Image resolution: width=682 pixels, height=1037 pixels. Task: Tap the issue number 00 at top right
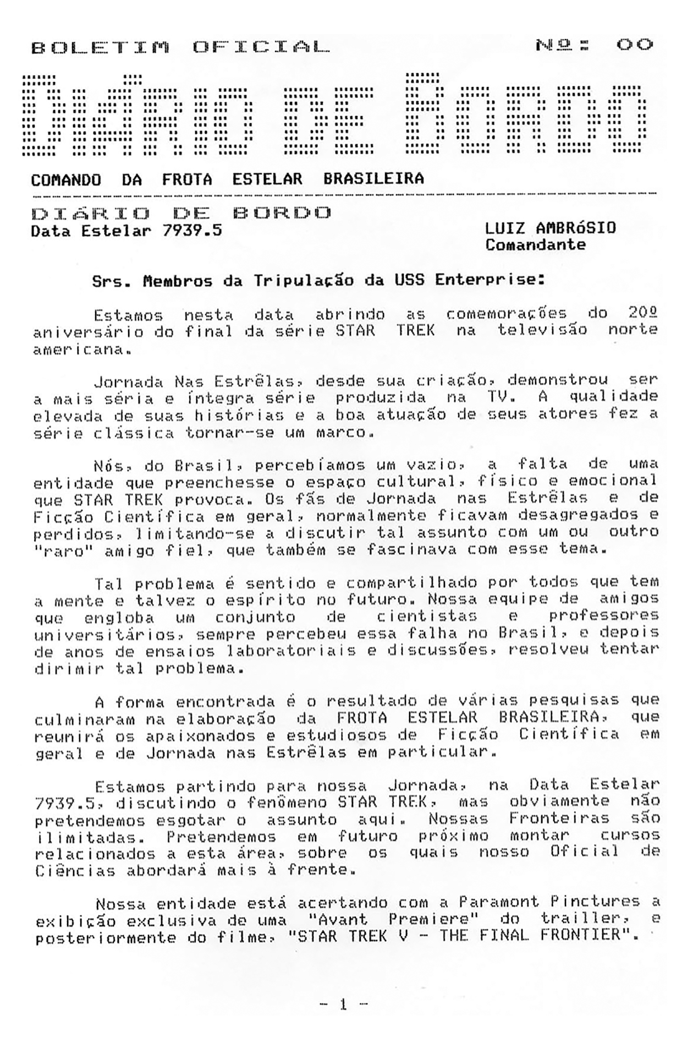[634, 45]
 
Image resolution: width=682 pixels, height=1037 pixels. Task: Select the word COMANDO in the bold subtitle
[66, 179]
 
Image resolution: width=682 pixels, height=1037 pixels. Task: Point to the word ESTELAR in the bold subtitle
[267, 179]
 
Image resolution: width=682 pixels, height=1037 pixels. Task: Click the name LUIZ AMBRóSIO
[550, 228]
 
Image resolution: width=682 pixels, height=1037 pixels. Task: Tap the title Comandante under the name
[535, 245]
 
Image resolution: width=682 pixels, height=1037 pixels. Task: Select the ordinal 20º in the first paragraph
[642, 314]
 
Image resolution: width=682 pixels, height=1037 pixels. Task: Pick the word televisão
[542, 330]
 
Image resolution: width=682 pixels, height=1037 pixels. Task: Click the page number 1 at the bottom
[343, 1005]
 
